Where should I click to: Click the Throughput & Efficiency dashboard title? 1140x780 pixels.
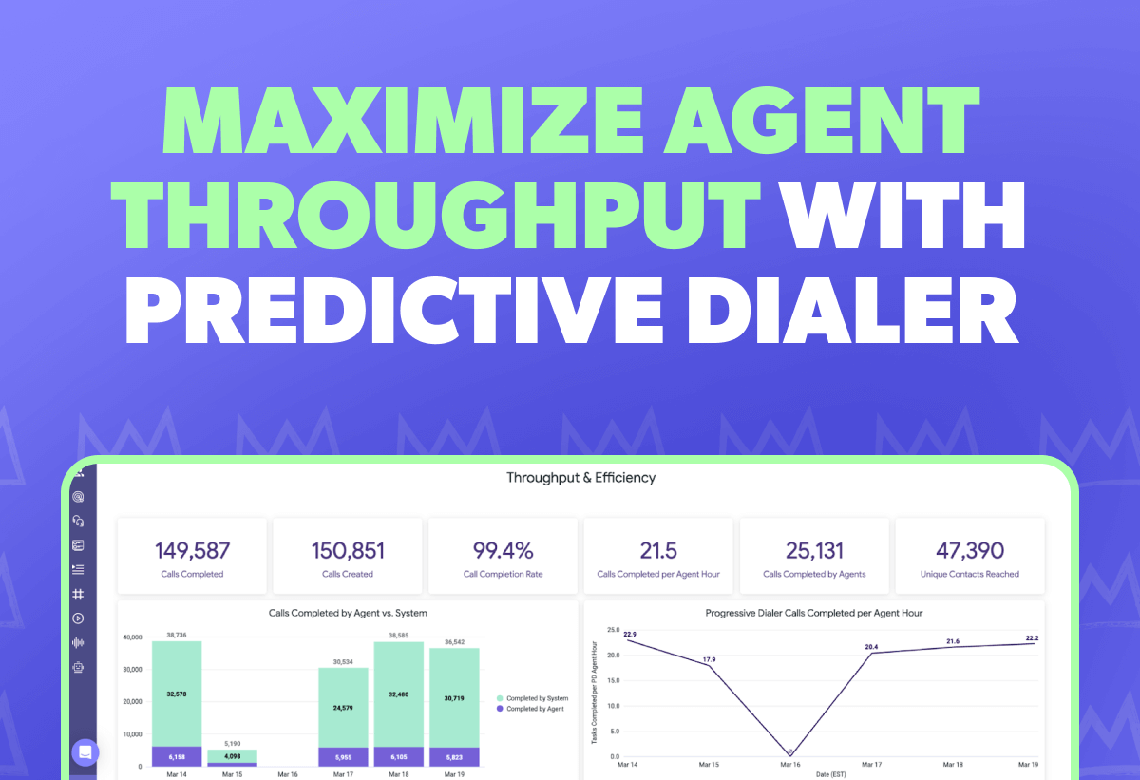coord(580,478)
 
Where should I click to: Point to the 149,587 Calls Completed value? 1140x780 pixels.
coord(192,550)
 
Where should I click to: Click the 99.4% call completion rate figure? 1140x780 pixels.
coord(503,550)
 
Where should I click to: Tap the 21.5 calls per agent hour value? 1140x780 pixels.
coord(657,550)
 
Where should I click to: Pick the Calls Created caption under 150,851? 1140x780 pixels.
coord(347,574)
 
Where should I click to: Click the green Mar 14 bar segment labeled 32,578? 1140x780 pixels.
coord(177,694)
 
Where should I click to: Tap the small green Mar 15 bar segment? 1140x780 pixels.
coord(232,756)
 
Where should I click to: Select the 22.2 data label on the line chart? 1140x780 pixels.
coord(1033,637)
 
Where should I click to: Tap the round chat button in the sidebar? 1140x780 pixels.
coord(85,751)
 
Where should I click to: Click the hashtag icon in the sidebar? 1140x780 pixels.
coord(78,594)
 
